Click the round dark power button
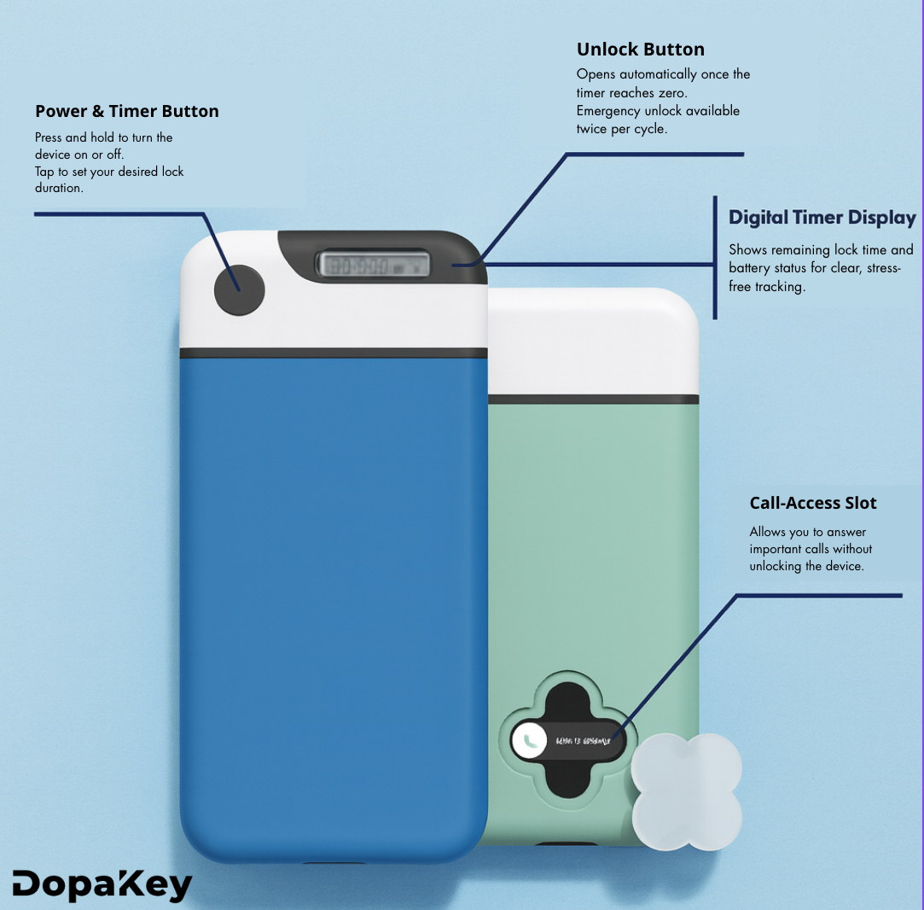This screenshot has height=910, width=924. point(239,290)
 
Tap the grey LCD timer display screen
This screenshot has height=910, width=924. point(374,265)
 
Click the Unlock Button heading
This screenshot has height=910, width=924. point(640,50)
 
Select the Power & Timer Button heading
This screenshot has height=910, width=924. point(127,111)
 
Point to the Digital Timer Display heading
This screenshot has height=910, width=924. point(822,218)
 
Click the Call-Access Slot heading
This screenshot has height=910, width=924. point(813,503)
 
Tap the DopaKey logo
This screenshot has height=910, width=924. point(102,885)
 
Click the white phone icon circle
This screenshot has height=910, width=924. point(529,739)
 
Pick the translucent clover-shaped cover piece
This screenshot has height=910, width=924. point(686,791)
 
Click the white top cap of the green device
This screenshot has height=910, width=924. point(593,341)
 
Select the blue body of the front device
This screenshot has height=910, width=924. point(333,598)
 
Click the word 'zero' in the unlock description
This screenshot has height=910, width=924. point(671,92)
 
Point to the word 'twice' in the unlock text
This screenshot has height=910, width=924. point(592,129)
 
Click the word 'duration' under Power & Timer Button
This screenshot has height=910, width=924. point(59,188)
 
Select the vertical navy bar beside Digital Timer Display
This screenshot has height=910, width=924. point(714,256)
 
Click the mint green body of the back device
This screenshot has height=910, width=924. point(589,555)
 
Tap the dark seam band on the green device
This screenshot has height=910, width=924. point(593,399)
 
